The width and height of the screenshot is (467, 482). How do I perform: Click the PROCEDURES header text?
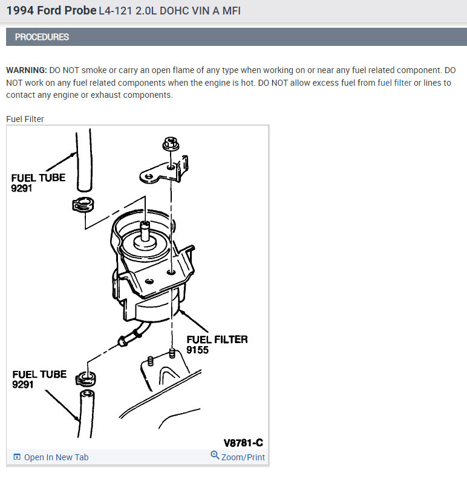42,37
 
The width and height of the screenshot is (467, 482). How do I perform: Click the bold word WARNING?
27,70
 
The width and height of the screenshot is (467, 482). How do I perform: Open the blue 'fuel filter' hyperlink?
394,83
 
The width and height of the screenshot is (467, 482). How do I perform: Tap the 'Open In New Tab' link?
51,457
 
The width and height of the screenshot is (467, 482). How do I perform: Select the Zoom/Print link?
243,457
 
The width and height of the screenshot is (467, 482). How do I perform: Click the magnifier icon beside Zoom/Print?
215,455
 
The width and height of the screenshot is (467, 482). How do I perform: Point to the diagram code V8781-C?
243,443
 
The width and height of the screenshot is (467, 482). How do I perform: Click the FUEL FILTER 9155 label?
217,345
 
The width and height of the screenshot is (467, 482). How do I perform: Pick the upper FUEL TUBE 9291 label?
38,183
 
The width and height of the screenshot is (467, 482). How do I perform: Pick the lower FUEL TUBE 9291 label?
39,379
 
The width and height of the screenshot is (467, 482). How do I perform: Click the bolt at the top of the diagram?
171,144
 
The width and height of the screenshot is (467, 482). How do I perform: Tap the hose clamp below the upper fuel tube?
83,205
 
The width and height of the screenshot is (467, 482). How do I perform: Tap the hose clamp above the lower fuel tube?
86,379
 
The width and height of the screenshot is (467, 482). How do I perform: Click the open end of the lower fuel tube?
88,394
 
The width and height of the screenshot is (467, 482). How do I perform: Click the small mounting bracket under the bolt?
164,171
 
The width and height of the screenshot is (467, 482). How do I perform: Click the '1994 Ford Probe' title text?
51,10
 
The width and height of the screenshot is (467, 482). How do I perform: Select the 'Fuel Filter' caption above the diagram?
25,119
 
